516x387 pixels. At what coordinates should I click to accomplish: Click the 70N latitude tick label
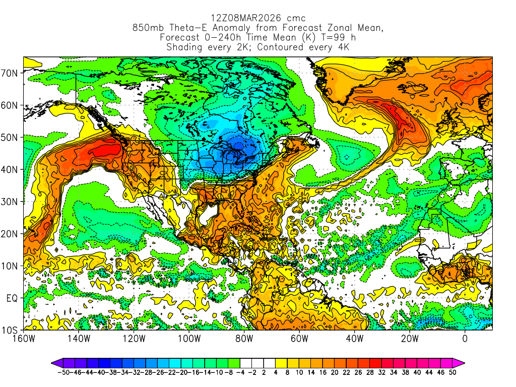[x=11, y=73]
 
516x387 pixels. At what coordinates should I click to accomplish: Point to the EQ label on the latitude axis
[x=12, y=298]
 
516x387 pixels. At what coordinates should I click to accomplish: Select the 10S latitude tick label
[x=11, y=331]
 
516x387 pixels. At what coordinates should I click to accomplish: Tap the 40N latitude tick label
[x=11, y=170]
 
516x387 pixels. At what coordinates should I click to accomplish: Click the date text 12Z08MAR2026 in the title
[x=236, y=19]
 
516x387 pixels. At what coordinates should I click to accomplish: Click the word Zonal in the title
[x=331, y=28]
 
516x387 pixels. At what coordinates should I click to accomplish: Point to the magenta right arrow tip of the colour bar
[x=462, y=362]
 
